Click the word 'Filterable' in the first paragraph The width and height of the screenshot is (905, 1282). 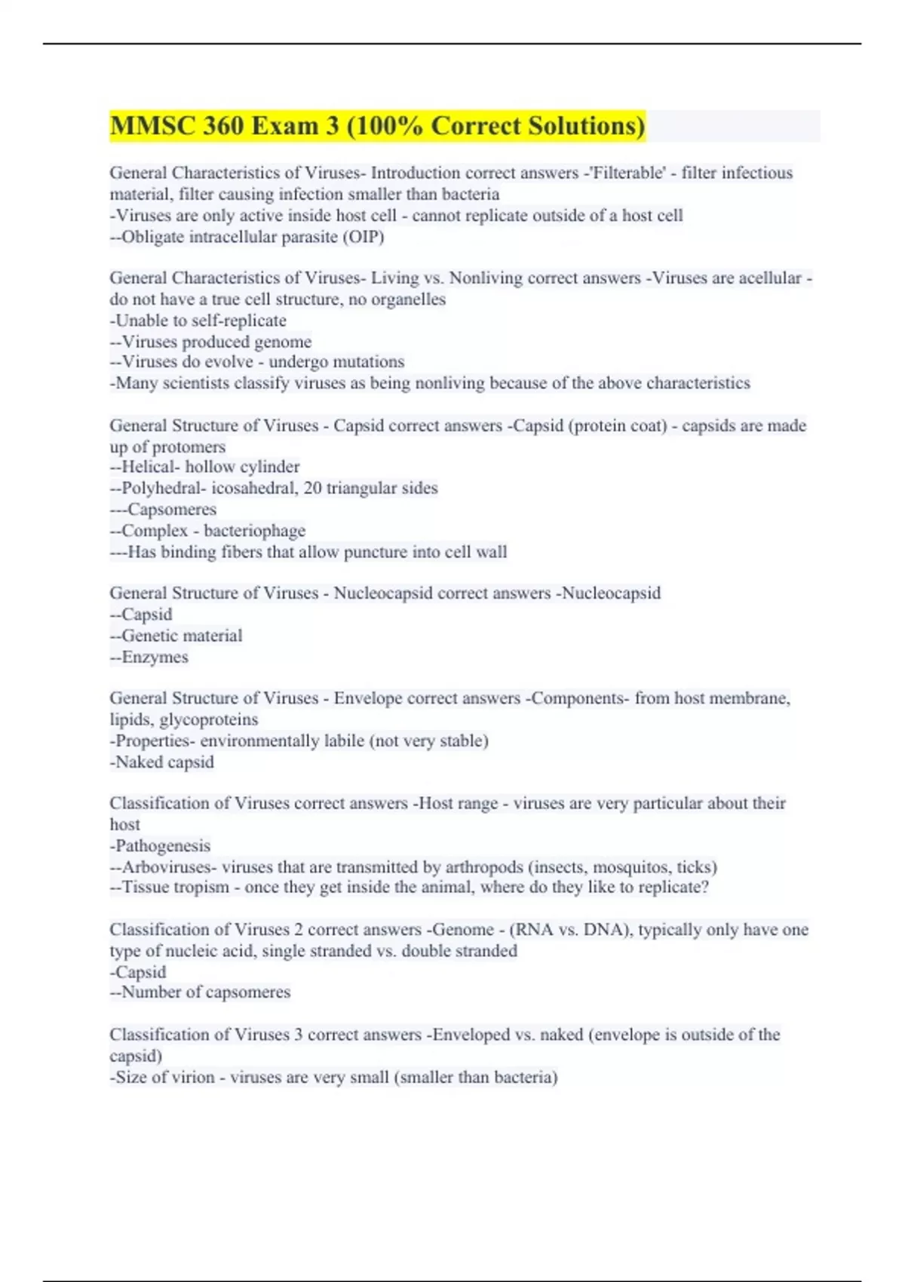627,173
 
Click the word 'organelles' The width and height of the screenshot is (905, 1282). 408,299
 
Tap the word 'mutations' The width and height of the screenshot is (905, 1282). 370,361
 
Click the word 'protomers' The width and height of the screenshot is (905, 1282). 189,446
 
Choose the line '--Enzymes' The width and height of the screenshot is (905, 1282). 149,657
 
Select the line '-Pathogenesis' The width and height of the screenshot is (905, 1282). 160,845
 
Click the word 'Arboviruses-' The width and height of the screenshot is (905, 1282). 168,866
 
